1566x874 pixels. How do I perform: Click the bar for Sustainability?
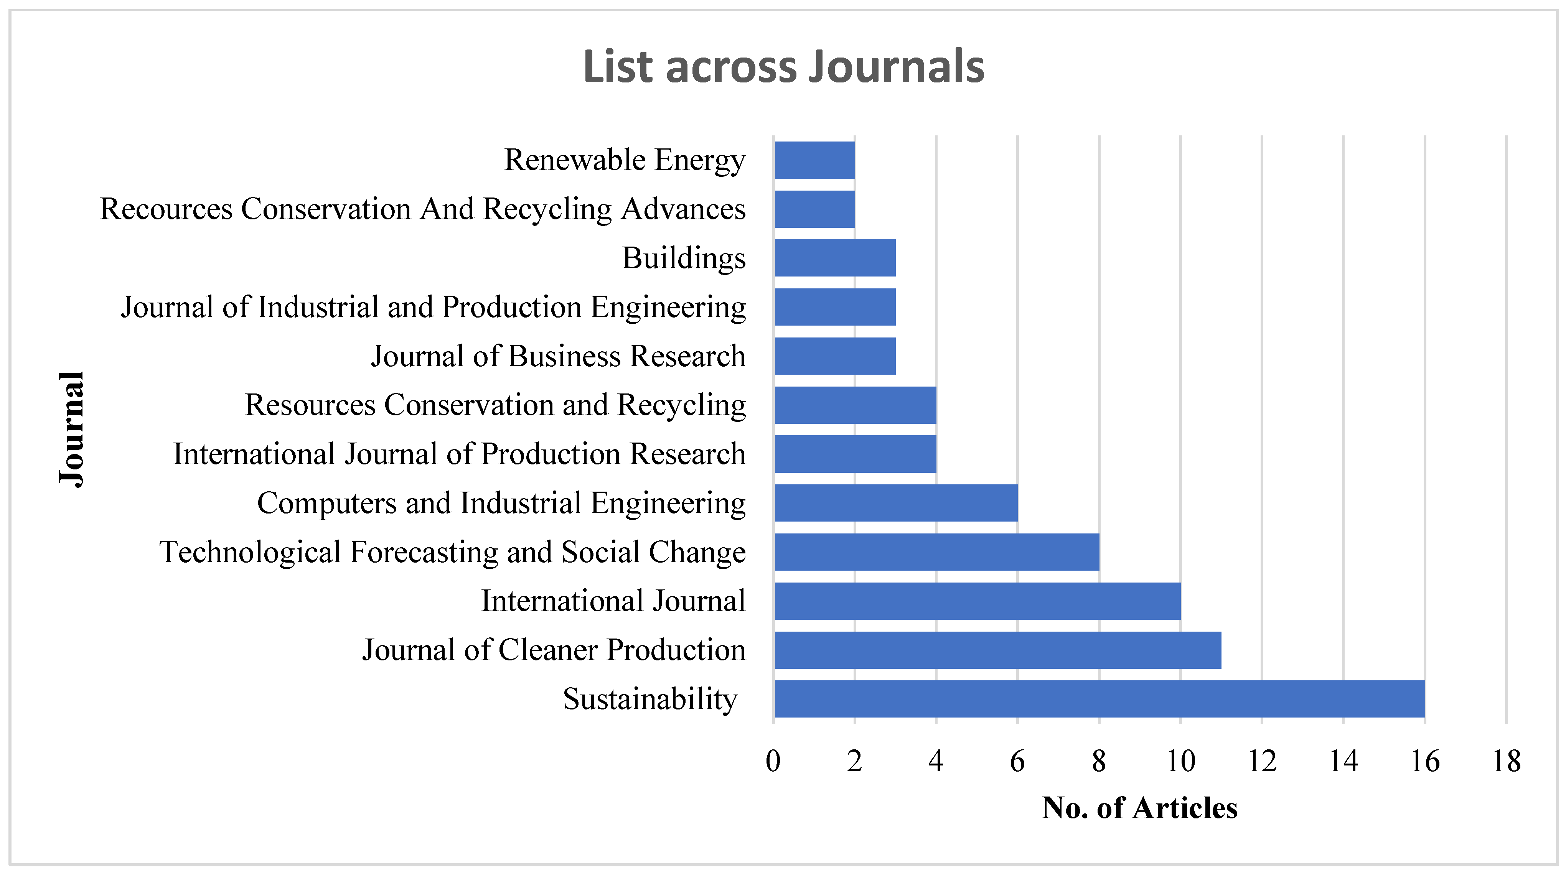(1099, 699)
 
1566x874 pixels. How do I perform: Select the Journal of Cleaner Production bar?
(997, 650)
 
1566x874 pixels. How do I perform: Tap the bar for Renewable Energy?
(814, 160)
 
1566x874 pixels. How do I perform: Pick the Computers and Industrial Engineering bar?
(895, 503)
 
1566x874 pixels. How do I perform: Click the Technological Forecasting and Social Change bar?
(936, 552)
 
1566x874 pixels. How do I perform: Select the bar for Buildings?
(835, 258)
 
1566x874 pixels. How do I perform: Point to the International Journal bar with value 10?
(977, 601)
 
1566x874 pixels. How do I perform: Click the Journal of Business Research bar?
(835, 356)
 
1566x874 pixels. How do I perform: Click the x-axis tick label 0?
(773, 761)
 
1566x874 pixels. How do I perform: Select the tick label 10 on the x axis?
(1180, 761)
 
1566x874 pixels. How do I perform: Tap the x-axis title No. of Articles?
(1140, 808)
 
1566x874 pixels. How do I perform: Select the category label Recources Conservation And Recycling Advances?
(422, 209)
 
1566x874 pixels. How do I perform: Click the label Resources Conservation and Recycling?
(495, 405)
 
